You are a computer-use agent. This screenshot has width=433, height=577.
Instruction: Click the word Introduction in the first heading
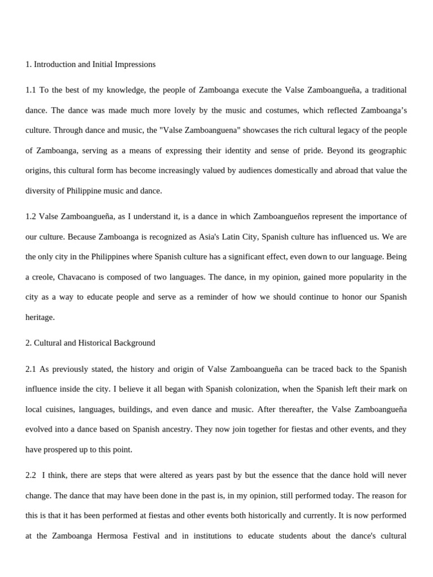55,64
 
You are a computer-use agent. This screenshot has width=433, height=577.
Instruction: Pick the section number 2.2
31,475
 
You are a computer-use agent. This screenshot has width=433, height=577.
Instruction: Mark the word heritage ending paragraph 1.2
40,317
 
